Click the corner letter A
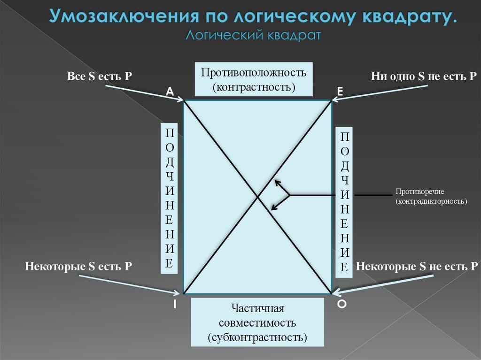(x=170, y=92)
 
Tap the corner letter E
(x=340, y=93)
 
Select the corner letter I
(x=174, y=305)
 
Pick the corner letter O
(x=342, y=305)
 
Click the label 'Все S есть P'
(x=99, y=77)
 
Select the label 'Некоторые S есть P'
(x=78, y=267)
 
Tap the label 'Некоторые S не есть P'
(x=417, y=267)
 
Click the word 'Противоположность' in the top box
(x=254, y=73)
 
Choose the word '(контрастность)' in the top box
(x=254, y=87)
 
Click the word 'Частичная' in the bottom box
(x=258, y=309)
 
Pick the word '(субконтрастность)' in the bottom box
(x=258, y=337)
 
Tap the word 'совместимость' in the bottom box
(x=258, y=323)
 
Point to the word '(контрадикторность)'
(x=431, y=201)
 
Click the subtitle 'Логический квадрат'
(x=253, y=35)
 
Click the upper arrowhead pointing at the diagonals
(x=277, y=182)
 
